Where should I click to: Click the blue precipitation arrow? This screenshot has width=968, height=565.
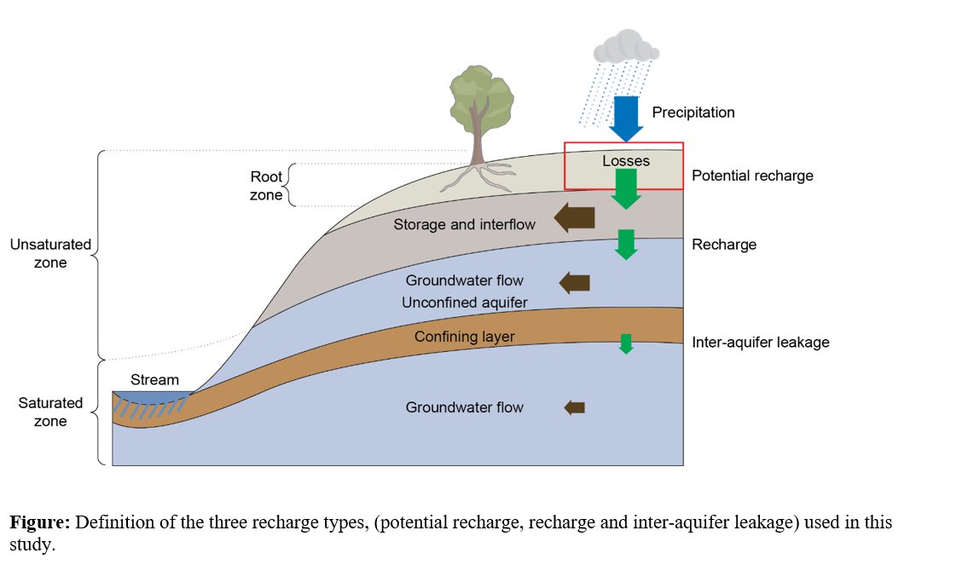click(x=627, y=118)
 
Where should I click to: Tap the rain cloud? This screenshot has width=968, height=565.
click(x=627, y=48)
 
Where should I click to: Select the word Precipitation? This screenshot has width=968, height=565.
click(x=693, y=112)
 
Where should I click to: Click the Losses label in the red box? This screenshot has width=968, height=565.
click(x=626, y=161)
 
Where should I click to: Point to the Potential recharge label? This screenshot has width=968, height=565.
click(x=752, y=176)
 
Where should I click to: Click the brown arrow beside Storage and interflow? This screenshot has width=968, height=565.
click(x=574, y=218)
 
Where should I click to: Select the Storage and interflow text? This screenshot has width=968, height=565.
click(x=464, y=225)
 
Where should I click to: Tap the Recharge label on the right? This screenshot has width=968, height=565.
click(x=723, y=245)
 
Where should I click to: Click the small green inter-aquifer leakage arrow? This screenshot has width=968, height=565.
click(x=626, y=343)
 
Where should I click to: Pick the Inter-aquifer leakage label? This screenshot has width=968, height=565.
click(x=760, y=343)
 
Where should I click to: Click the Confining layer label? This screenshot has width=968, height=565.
click(x=464, y=337)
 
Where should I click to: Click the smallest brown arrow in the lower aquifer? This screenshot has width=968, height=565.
click(x=575, y=408)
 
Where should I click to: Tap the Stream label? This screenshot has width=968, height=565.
click(x=154, y=379)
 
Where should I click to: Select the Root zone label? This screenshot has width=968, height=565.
click(x=265, y=185)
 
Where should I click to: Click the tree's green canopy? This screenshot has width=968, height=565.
click(x=481, y=95)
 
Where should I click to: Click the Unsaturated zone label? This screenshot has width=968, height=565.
click(x=50, y=253)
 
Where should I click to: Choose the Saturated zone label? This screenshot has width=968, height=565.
click(x=50, y=412)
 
